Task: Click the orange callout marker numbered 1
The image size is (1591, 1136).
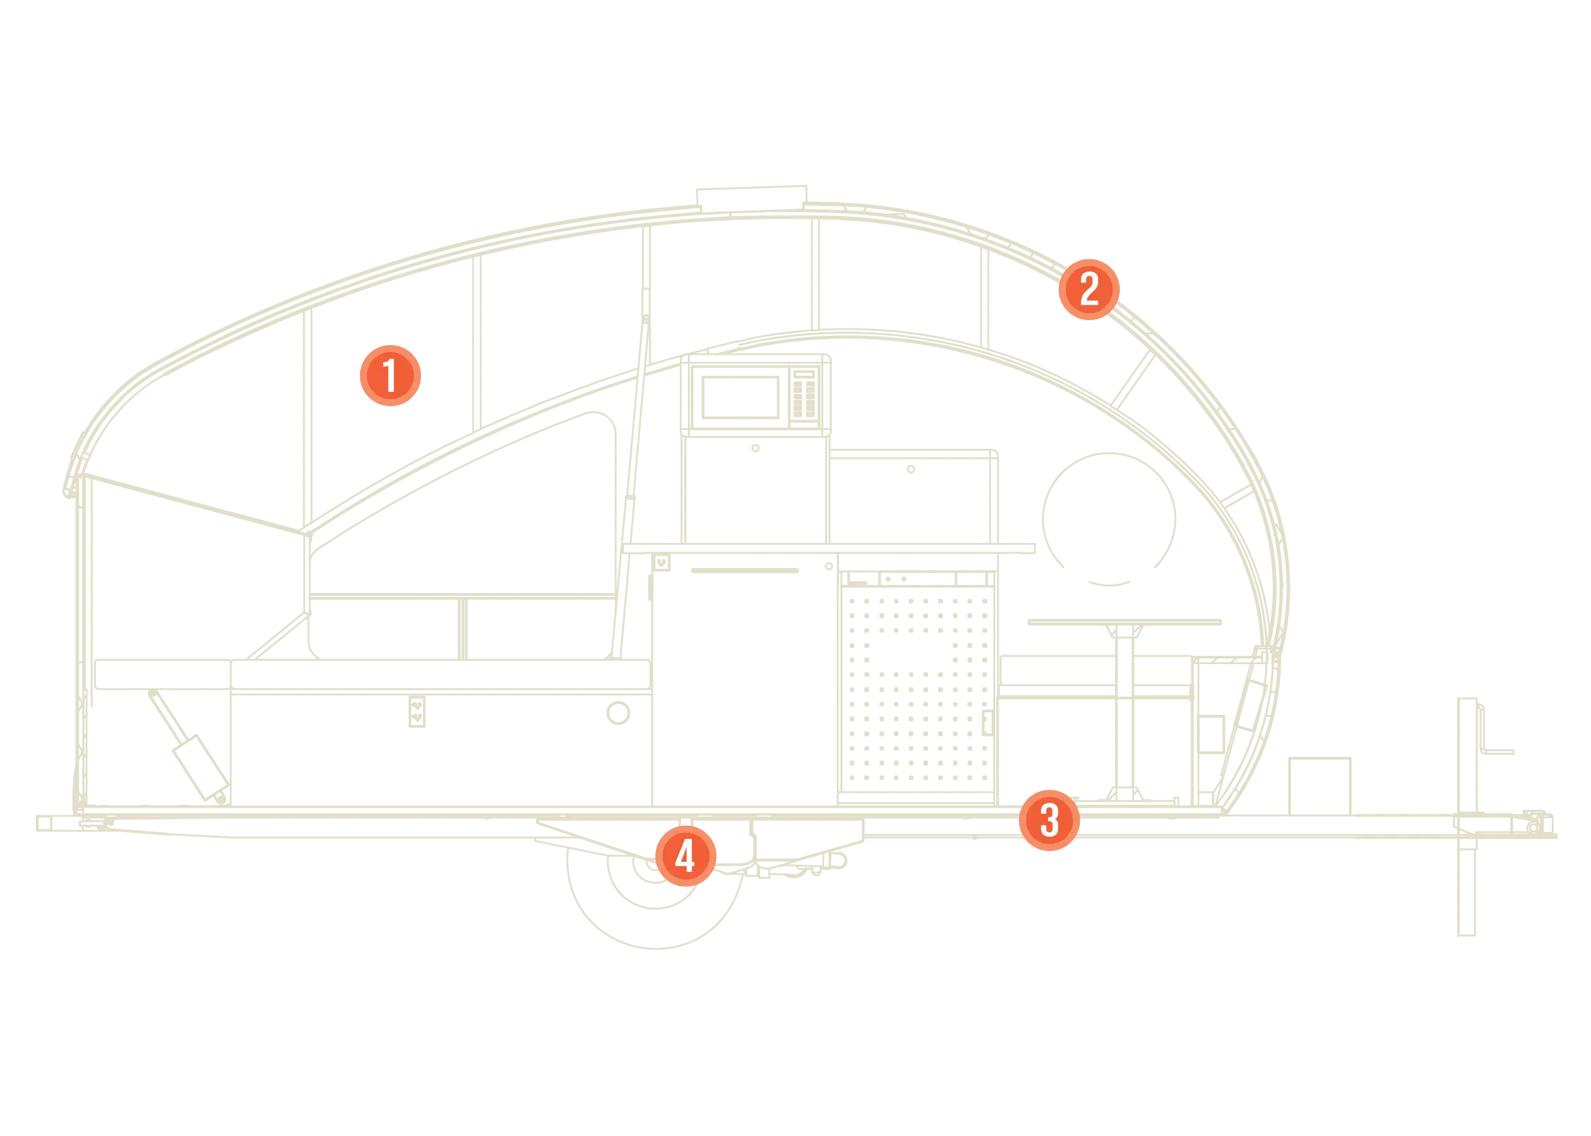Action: pyautogui.click(x=390, y=376)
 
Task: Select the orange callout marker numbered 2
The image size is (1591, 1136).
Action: pyautogui.click(x=1089, y=290)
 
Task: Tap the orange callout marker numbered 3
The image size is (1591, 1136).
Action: pyautogui.click(x=1049, y=821)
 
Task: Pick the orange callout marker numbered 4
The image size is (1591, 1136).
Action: pyautogui.click(x=685, y=856)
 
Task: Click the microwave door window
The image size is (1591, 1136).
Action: pyautogui.click(x=741, y=397)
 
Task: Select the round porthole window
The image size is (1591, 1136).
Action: pyautogui.click(x=1108, y=520)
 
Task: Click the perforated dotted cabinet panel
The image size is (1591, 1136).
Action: pyautogui.click(x=917, y=689)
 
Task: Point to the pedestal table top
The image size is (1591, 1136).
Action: pyautogui.click(x=1125, y=622)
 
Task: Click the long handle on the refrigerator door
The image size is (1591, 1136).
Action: pyautogui.click(x=745, y=571)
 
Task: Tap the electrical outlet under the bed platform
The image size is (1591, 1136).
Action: pyautogui.click(x=417, y=712)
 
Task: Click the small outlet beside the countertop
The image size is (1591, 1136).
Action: pyautogui.click(x=661, y=563)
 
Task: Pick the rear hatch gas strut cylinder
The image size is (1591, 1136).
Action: pyautogui.click(x=200, y=767)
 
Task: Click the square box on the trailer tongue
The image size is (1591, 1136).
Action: pyautogui.click(x=1320, y=786)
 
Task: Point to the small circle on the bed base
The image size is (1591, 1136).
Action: pyautogui.click(x=618, y=713)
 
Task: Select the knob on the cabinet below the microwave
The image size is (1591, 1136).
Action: pyautogui.click(x=756, y=448)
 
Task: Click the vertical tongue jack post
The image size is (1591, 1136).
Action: pyautogui.click(x=1466, y=816)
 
